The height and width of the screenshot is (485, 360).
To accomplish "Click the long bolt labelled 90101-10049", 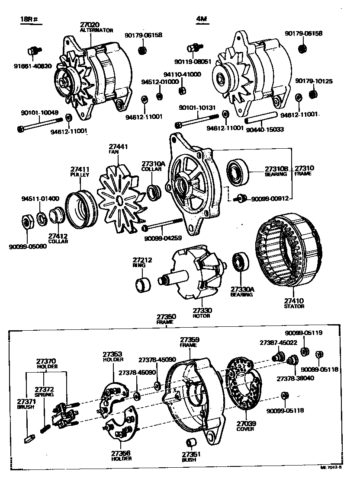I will (x=43, y=127).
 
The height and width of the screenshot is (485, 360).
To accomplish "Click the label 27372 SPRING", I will (x=44, y=391).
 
